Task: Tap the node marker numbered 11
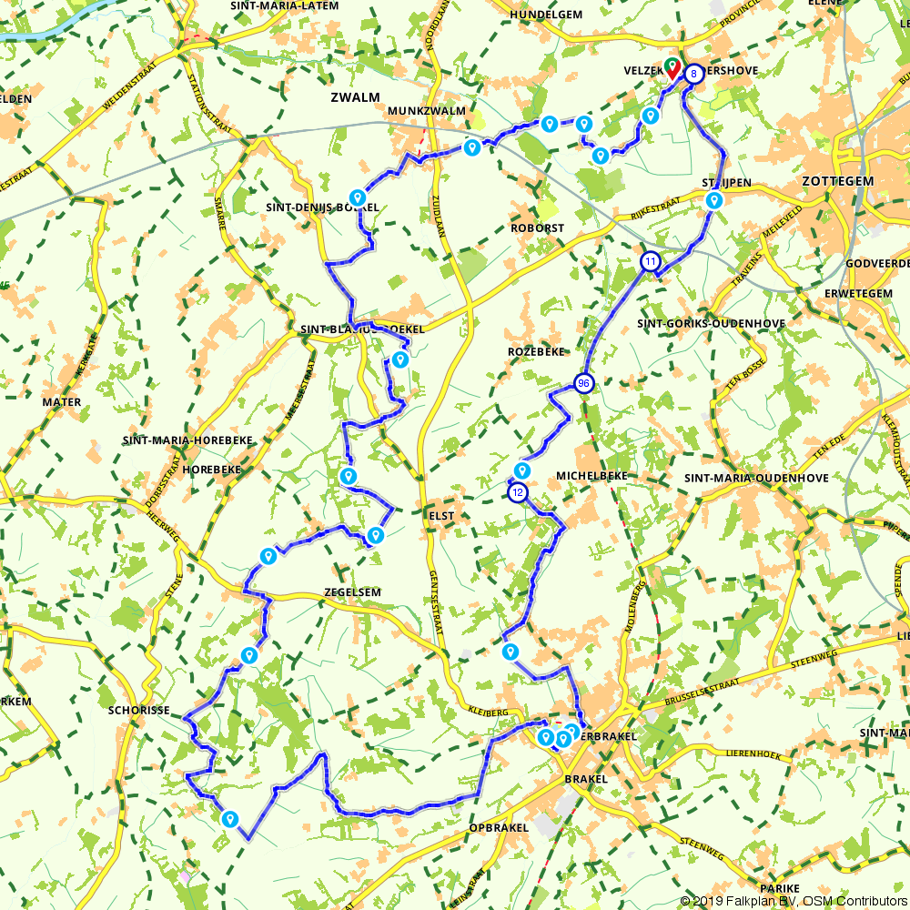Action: click(650, 262)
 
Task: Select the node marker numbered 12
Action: click(517, 492)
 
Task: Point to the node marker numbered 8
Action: click(693, 74)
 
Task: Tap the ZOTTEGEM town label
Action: click(837, 181)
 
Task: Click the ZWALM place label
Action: click(356, 97)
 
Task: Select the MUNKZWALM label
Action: click(426, 111)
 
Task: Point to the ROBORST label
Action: click(537, 228)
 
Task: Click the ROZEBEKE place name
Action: click(536, 351)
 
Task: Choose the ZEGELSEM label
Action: click(351, 591)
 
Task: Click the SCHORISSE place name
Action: click(139, 710)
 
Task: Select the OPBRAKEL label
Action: click(499, 827)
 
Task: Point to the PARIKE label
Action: click(783, 888)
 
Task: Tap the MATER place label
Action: click(61, 401)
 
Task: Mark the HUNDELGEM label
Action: click(545, 15)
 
